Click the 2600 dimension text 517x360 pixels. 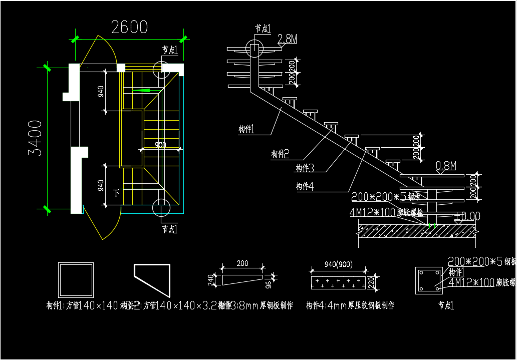[x=129, y=27]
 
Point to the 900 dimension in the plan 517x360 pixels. [x=160, y=145]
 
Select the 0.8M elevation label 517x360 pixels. [x=446, y=165]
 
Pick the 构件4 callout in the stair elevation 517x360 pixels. [x=305, y=187]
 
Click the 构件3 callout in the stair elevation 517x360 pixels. [x=305, y=168]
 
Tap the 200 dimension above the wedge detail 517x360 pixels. [x=242, y=263]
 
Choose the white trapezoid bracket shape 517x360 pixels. [x=152, y=278]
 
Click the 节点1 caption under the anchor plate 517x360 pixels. [x=446, y=304]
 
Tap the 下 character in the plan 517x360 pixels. [x=117, y=192]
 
